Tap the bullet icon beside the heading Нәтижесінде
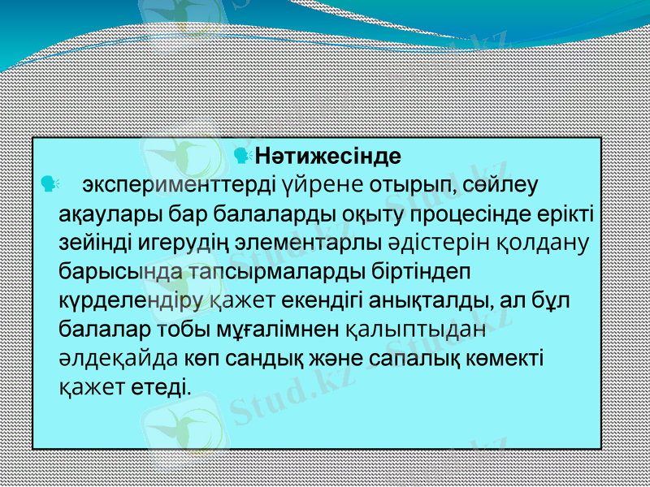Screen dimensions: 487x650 [240, 153]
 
